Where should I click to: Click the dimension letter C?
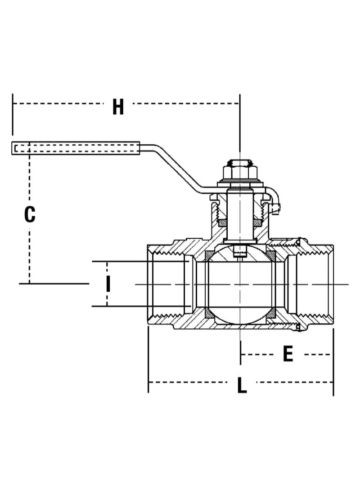[30, 215]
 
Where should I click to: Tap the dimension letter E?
[288, 354]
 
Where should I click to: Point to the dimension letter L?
[242, 386]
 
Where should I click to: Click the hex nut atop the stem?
[240, 171]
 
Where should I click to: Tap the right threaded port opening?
[315, 284]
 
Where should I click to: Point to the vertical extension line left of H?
[13, 115]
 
